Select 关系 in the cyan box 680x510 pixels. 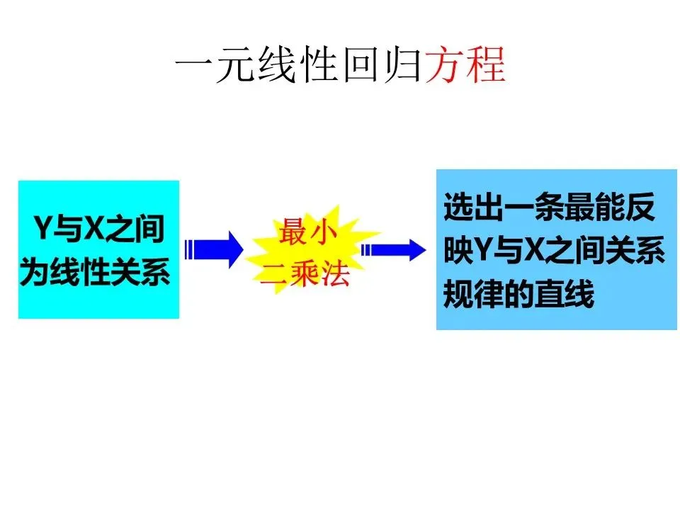[145, 273]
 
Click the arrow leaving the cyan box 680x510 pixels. [212, 249]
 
